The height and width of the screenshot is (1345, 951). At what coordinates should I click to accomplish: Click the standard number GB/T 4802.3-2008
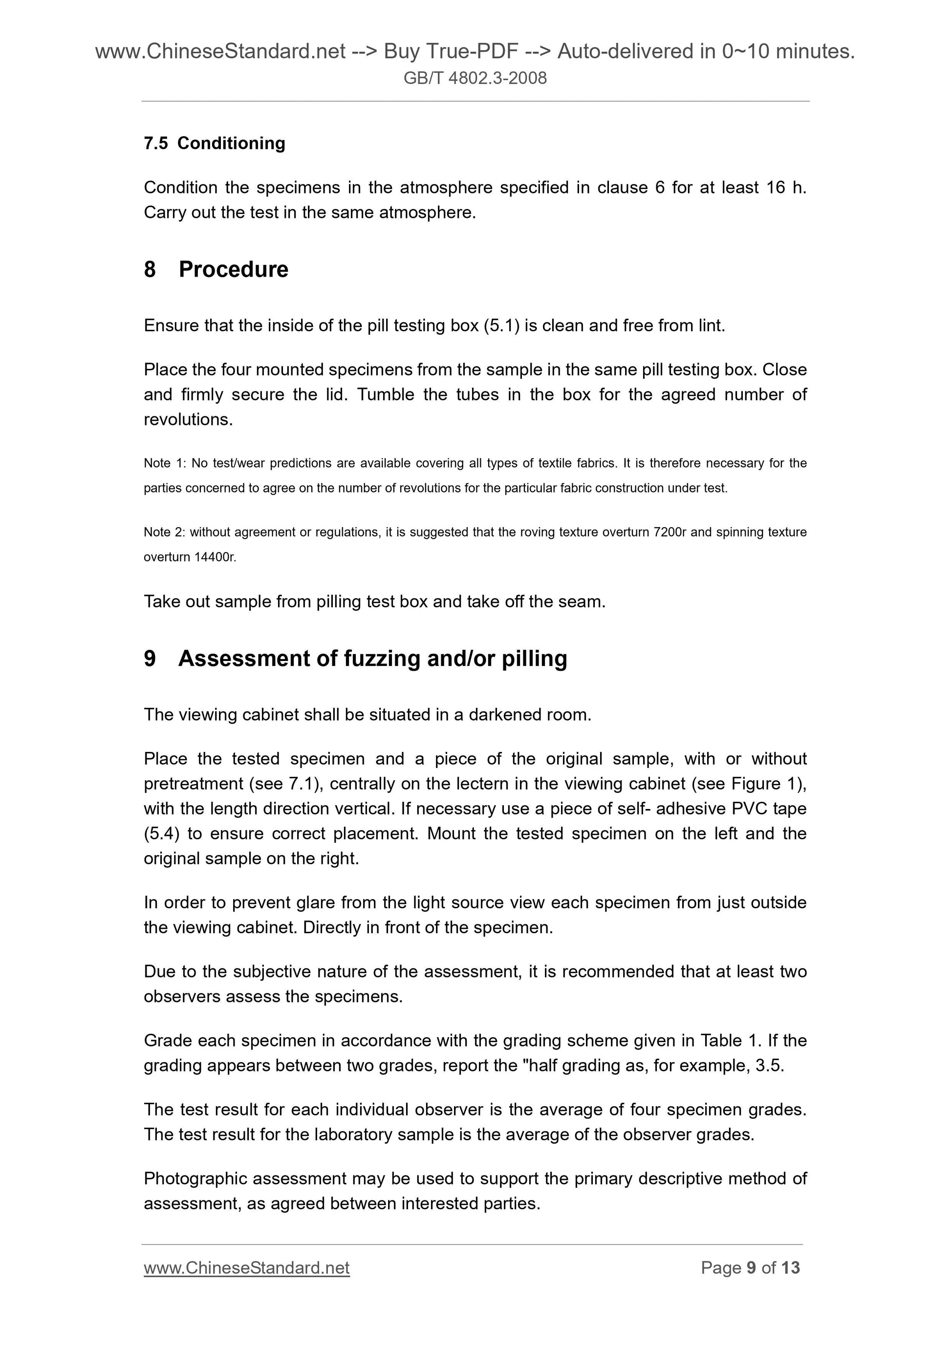(x=475, y=78)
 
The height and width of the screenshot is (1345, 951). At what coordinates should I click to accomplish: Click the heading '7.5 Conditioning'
(x=215, y=143)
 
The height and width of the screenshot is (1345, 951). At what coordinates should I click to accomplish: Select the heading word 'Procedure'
(x=233, y=270)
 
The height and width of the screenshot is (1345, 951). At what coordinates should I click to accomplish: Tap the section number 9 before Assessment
(x=150, y=659)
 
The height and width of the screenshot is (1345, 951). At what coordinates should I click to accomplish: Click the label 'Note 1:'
(x=165, y=463)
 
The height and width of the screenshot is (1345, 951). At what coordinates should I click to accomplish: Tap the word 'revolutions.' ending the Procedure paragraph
(x=188, y=420)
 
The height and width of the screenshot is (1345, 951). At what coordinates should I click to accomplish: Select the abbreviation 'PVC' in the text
(x=750, y=809)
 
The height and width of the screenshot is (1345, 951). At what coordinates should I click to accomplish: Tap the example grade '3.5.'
(x=769, y=1066)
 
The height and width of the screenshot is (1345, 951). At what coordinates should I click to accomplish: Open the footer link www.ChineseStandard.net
(x=247, y=1268)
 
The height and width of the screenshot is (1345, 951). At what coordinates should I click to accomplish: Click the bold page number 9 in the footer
(x=751, y=1268)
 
